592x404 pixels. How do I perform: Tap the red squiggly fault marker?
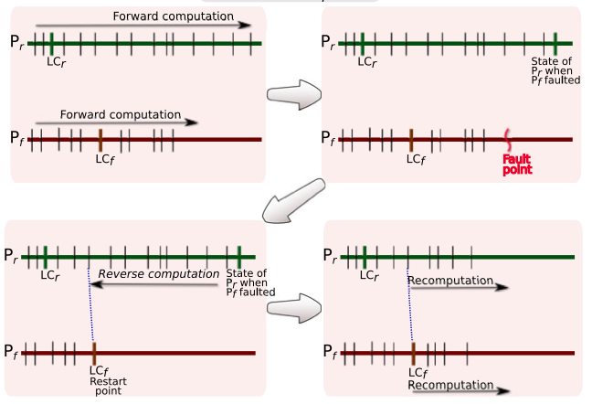[508, 139]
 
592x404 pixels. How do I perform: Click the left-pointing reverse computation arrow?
[155, 286]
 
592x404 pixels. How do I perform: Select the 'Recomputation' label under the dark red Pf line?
[451, 385]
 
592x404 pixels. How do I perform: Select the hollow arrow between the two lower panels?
[292, 304]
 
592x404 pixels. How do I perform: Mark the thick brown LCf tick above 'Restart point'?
[94, 352]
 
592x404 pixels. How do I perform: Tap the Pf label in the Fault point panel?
[330, 139]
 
